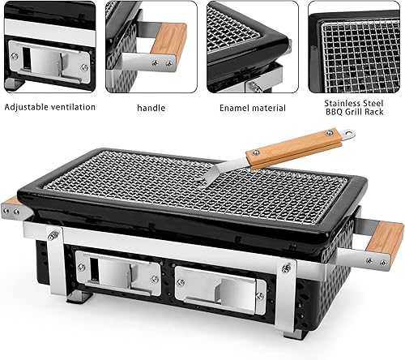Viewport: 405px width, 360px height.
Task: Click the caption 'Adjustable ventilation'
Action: coord(49,106)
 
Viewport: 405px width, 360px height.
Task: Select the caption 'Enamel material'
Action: coord(251,106)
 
